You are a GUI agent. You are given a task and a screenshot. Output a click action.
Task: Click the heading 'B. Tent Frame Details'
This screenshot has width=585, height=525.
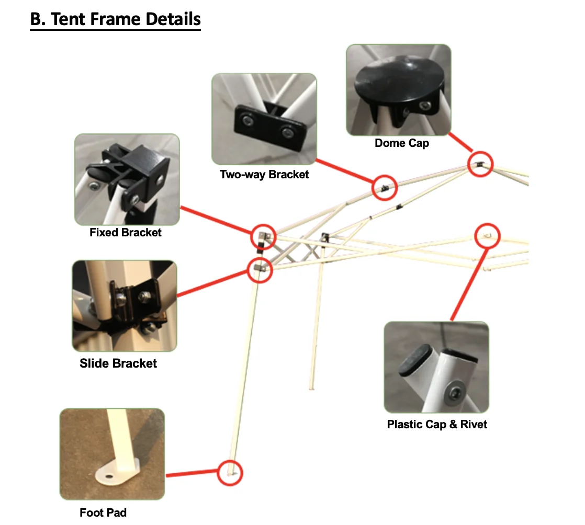(116, 19)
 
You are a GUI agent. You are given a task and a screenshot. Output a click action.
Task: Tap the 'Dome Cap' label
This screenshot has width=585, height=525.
(401, 143)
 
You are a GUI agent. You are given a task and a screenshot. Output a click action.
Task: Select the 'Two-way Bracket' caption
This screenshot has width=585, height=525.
(264, 174)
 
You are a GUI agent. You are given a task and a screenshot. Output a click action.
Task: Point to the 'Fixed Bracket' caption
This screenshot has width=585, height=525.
(126, 232)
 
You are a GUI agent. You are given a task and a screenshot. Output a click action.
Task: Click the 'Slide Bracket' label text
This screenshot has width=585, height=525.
(118, 362)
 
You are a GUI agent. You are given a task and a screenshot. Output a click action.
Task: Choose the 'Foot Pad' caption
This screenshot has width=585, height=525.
(103, 512)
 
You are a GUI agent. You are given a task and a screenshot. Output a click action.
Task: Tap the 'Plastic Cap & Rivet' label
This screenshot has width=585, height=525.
(437, 424)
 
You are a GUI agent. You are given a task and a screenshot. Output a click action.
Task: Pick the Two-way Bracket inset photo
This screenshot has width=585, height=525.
(264, 119)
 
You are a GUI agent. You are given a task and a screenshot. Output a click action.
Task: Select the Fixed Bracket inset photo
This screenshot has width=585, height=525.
(127, 179)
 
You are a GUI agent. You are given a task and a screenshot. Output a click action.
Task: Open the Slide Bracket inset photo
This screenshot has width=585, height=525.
(125, 305)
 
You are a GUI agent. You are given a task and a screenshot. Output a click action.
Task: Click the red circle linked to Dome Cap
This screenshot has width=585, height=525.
(480, 164)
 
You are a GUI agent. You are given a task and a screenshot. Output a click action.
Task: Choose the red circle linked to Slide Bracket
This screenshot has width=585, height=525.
(260, 269)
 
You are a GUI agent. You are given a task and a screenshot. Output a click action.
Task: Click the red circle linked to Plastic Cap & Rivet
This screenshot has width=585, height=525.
(488, 236)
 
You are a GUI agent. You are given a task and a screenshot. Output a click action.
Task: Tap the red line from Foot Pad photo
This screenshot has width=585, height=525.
(192, 474)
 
